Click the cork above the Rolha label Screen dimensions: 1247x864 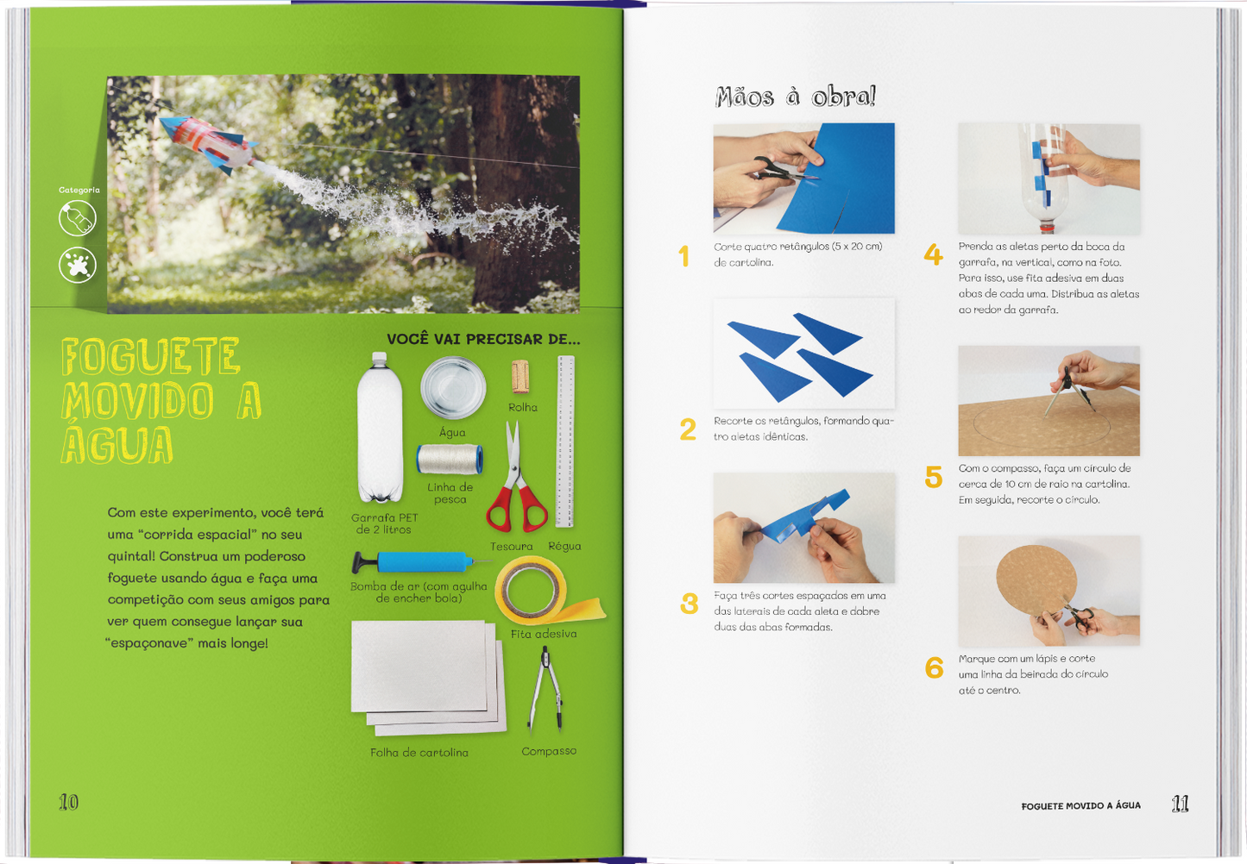point(520,377)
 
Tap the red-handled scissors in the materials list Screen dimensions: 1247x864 point(516,479)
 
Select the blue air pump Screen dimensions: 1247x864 point(421,562)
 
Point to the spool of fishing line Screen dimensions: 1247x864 point(450,459)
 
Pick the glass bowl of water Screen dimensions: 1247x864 point(452,387)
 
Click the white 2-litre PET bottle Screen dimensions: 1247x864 point(380,428)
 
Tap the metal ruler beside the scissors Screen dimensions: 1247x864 point(565,441)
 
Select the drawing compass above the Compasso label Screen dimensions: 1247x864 point(546,689)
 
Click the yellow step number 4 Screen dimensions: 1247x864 point(933,255)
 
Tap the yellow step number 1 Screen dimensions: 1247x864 point(684,256)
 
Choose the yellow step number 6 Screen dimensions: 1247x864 point(934,667)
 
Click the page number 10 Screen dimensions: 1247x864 point(68,802)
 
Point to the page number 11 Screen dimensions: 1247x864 point(1180,804)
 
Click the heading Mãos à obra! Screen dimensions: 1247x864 point(796,97)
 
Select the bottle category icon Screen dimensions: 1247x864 point(78,218)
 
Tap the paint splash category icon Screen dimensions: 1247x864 point(78,265)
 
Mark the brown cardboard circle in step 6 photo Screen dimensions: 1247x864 point(1036,581)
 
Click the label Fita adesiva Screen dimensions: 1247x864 point(544,635)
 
